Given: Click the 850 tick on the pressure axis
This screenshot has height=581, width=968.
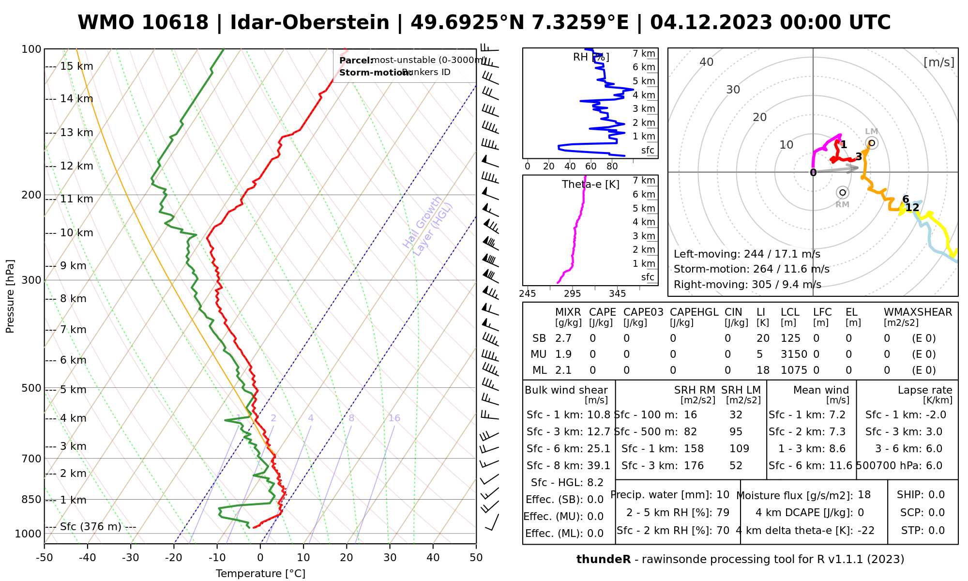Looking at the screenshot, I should coord(32,499).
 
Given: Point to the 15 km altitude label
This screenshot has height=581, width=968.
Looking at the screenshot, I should coord(76,66).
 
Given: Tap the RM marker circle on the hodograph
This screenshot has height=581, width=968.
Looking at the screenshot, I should coord(843,193).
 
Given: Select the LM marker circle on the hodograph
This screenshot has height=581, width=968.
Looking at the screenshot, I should coord(871,143).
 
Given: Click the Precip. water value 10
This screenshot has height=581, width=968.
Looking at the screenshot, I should coord(723,495).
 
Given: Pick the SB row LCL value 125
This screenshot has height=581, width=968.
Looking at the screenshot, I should coord(790,338).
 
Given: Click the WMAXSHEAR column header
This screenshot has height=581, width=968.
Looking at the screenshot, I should coord(918,312).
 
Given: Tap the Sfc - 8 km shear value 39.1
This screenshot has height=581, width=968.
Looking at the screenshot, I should coord(599,466).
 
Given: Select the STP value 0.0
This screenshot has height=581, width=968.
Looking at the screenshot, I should coord(937,531).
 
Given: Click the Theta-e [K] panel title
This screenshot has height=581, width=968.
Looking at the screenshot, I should coord(590,184).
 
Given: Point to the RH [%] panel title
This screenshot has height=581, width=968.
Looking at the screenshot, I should coord(591,57).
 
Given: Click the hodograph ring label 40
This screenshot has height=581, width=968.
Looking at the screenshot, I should coord(707,62).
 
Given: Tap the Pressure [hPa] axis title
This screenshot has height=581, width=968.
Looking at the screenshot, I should coord(10,296).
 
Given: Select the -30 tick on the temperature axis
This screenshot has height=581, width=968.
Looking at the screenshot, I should coord(130,558).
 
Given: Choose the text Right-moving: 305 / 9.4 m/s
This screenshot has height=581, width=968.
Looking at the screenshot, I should coord(747,285).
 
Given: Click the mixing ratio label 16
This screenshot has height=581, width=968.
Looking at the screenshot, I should coord(394,418).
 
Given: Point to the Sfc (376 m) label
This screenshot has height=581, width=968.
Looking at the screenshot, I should coord(91,527).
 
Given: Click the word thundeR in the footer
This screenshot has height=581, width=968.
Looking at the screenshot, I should coord(603,560).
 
